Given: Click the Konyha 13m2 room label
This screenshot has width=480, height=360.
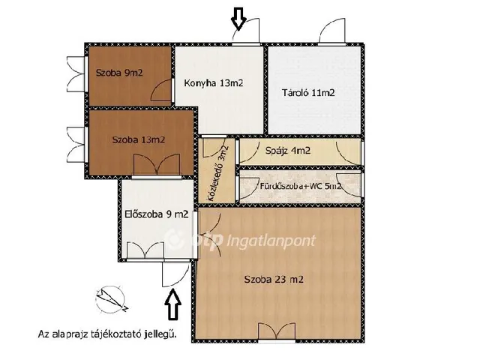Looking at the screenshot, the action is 213,83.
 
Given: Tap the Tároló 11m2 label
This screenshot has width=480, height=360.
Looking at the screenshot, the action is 308,92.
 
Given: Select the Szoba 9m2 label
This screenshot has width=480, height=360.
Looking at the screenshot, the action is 119,73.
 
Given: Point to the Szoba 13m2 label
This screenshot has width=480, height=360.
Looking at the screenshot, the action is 138,140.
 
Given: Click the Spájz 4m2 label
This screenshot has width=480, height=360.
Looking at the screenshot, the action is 288,150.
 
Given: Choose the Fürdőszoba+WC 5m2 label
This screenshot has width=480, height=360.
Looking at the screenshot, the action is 300,186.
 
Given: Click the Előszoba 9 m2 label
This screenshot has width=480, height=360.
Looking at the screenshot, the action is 157,214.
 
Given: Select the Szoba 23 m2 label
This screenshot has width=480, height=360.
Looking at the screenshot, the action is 274,279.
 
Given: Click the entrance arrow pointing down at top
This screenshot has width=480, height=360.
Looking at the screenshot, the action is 238,19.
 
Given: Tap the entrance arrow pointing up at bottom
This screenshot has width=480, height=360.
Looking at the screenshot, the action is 173,304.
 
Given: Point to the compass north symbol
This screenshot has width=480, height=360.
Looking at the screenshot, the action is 111,299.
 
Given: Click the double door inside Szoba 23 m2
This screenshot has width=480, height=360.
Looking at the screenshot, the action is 277,331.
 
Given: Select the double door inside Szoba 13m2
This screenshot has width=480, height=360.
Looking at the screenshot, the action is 157,165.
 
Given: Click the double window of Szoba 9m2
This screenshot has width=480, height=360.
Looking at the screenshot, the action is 76,73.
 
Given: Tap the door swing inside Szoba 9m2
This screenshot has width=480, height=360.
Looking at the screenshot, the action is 161,90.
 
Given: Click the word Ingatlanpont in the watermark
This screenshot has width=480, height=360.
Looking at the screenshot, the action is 271,241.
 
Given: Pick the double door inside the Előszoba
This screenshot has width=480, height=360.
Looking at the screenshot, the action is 145,250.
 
